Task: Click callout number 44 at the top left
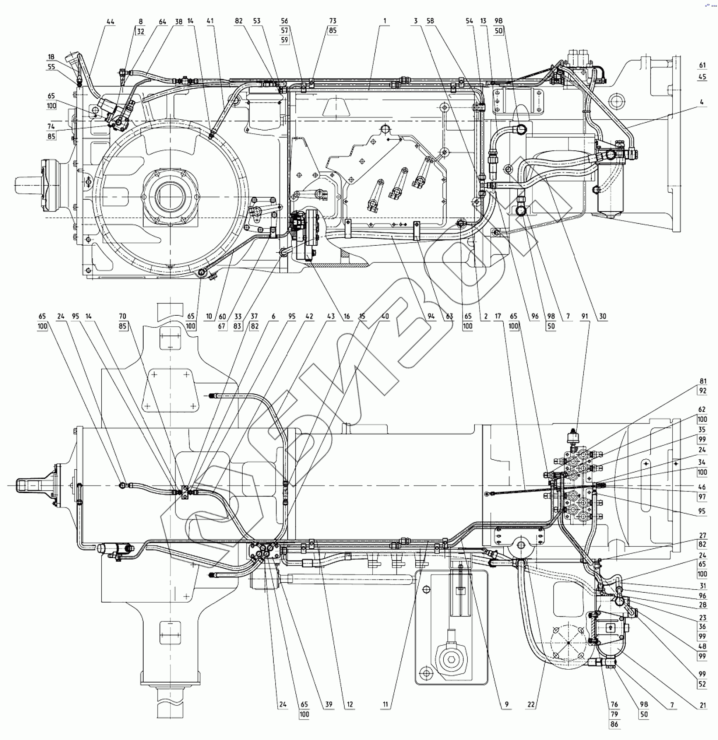110,22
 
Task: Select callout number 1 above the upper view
385,21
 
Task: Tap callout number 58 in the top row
430,21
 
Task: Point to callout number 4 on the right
702,102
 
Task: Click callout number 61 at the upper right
702,65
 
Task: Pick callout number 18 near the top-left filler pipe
51,57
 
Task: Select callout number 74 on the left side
51,127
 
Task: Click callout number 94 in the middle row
431,316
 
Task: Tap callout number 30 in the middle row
602,316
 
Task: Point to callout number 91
585,316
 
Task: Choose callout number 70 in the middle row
123,316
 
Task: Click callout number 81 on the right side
703,381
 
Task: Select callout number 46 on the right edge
702,487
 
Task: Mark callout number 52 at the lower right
702,684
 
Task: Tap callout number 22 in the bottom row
531,704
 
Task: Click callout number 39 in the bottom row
329,704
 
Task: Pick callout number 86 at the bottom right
614,724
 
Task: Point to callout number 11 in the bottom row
386,704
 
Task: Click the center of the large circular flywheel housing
170,197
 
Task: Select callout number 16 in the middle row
347,316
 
